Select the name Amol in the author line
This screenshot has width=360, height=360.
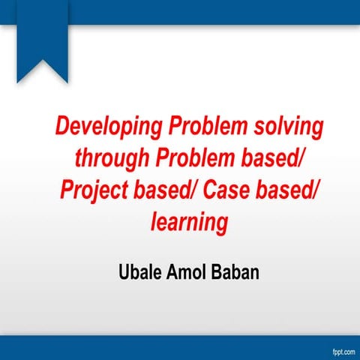188,269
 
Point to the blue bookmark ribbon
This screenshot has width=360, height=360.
42,41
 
